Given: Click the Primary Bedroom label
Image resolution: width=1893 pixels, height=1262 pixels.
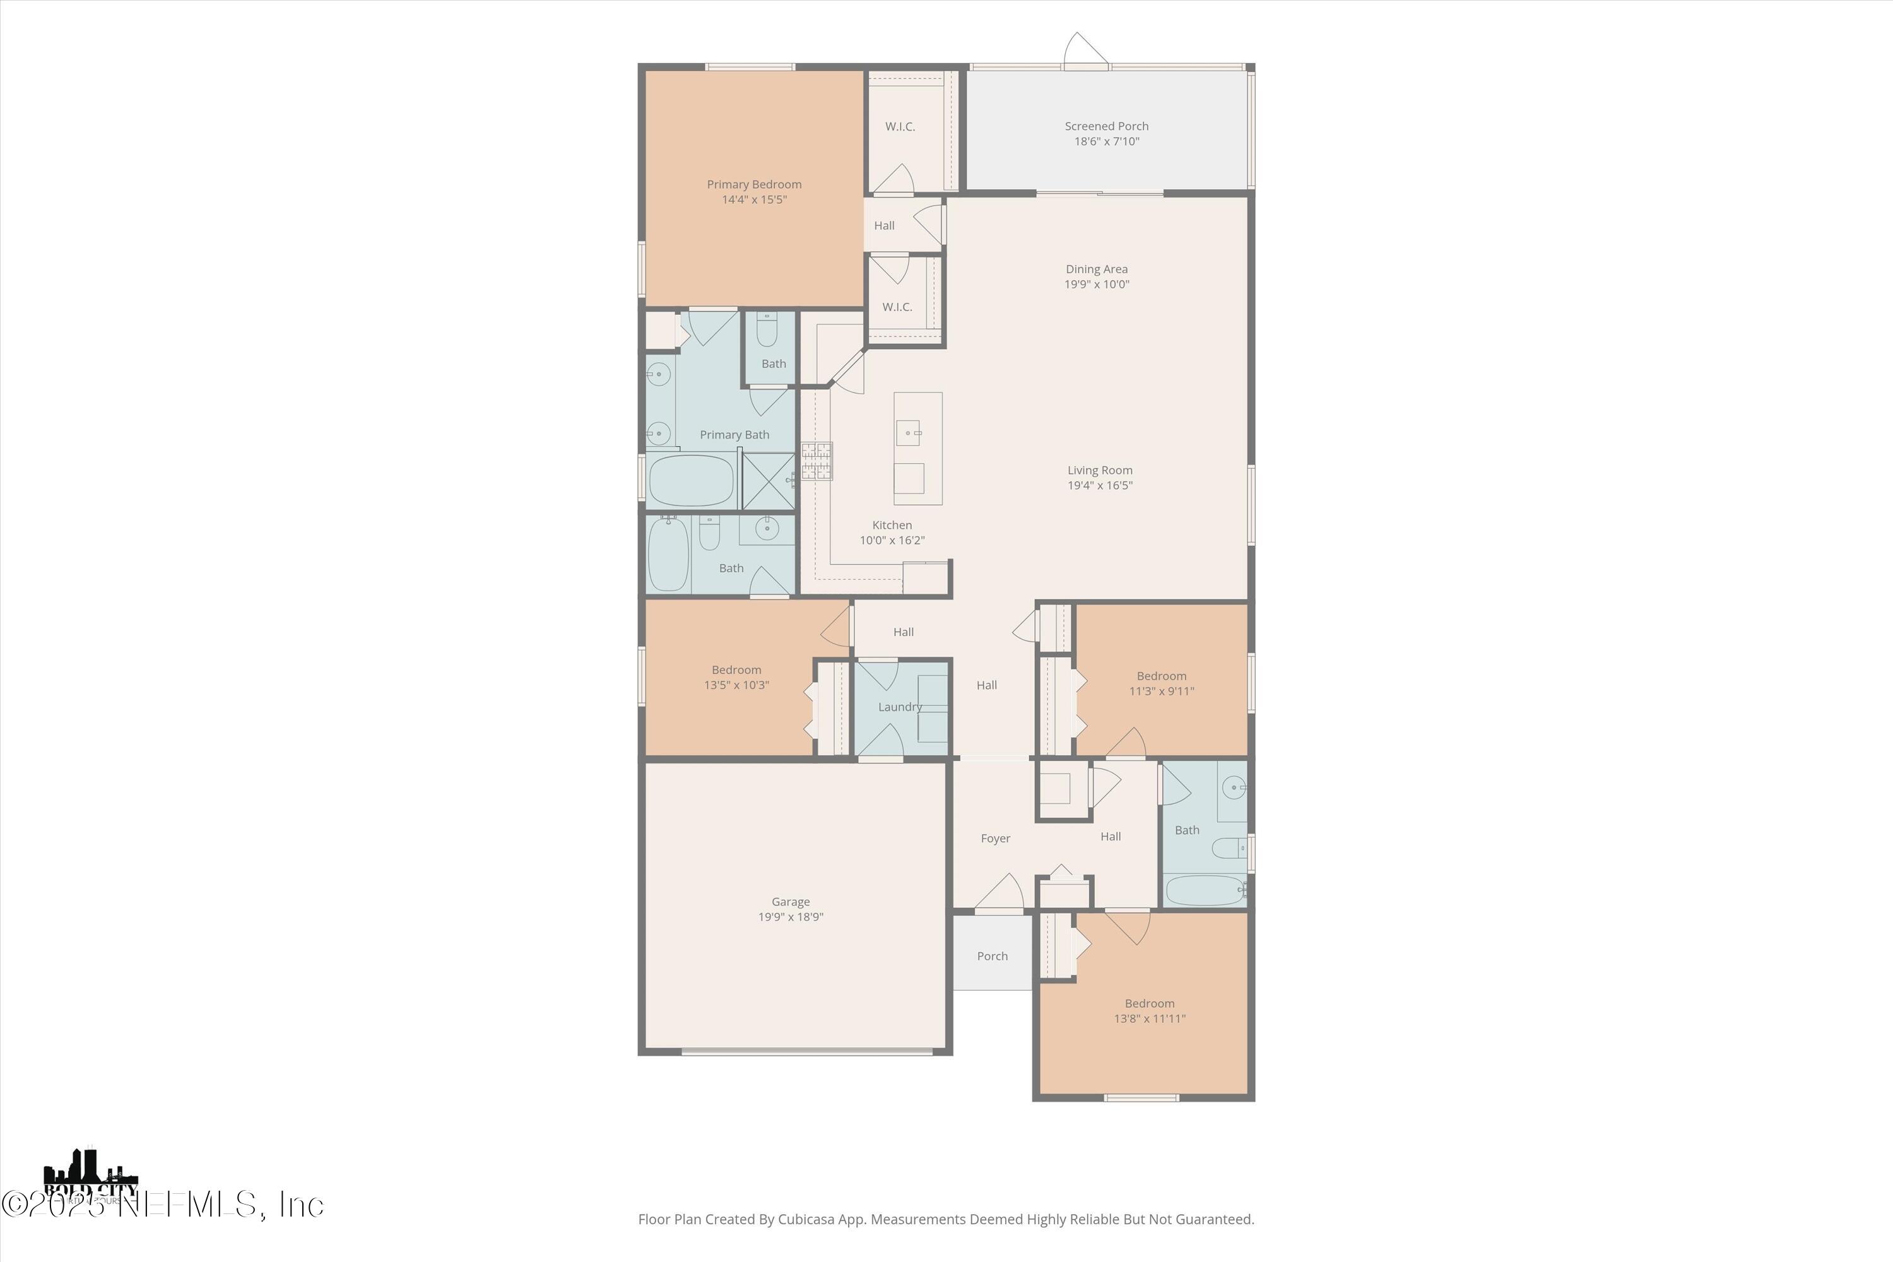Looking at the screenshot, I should coord(754,184).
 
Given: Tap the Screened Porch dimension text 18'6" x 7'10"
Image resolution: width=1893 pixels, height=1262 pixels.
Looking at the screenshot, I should coord(1107,141).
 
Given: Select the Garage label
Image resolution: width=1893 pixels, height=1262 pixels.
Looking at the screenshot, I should coord(791,902).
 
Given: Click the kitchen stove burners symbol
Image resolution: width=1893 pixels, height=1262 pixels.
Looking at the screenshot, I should coord(816,462).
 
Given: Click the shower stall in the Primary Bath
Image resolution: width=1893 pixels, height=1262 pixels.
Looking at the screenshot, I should coord(768,480).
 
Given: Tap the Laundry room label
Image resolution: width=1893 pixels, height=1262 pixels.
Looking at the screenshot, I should coord(900,707).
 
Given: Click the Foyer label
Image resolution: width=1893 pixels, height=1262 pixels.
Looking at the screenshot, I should coord(995,839).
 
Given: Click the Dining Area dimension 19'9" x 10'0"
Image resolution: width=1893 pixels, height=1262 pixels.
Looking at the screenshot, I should coord(1097,284).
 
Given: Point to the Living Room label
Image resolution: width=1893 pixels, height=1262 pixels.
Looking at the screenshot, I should coord(1099,470).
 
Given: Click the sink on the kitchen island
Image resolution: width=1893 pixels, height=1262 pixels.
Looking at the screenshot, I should coord(908,433).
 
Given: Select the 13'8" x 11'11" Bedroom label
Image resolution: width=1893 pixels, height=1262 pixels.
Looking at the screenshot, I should coord(1149,1004).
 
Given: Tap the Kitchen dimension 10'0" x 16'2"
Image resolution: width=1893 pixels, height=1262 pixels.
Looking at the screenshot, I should coord(892,540).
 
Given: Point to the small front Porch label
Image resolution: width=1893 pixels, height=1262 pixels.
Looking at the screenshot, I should coord(993,956).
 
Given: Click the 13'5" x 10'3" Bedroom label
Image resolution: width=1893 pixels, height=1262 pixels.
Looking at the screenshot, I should coord(736,669).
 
